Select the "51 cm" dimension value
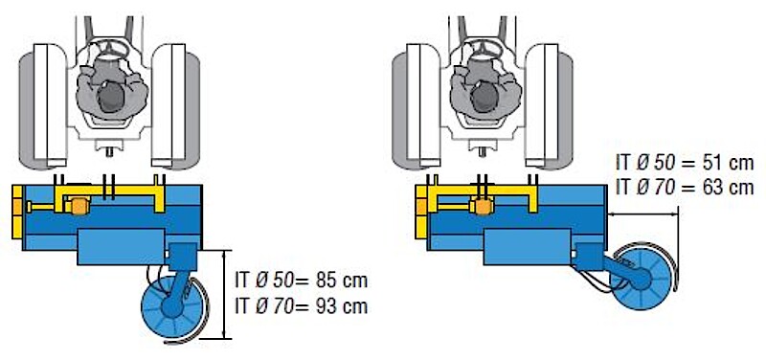coord(726,163)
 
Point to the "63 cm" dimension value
coord(726,187)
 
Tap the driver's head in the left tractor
coord(111,98)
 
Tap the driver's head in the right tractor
coord(484,98)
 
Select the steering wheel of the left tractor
coord(110,49)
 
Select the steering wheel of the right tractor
coord(484,49)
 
